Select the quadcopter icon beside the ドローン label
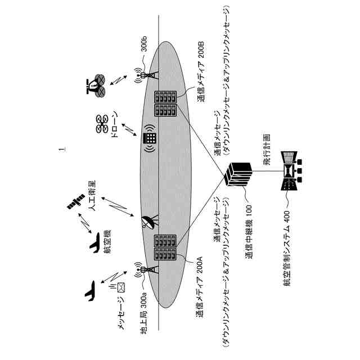102,124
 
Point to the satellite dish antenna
148,223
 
